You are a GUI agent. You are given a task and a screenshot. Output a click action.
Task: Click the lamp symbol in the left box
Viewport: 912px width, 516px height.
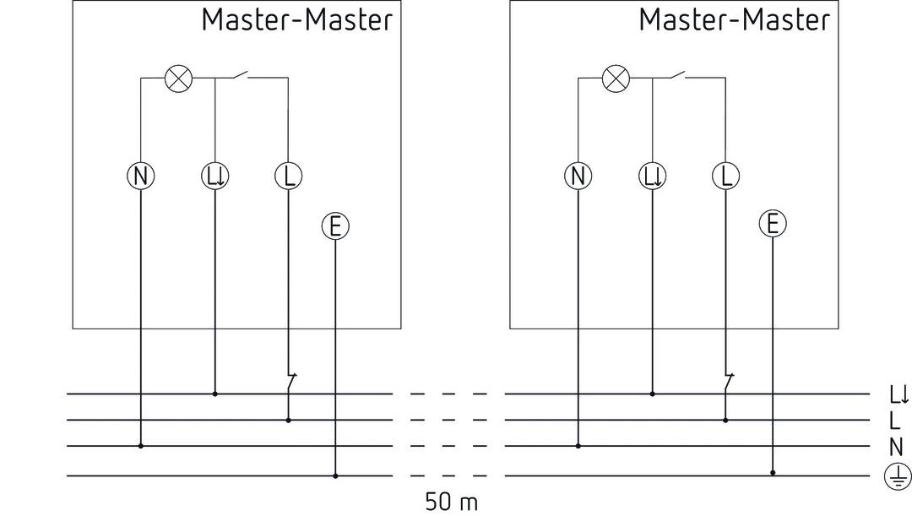tap(177, 79)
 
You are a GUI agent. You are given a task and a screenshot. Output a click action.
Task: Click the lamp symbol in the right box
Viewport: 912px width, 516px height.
tap(616, 79)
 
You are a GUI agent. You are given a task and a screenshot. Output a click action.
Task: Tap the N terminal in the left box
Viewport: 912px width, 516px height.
tap(140, 176)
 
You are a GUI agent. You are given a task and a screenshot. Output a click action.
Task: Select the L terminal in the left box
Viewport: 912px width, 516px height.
tap(288, 176)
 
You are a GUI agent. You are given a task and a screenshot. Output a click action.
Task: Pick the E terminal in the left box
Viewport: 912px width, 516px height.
tap(335, 225)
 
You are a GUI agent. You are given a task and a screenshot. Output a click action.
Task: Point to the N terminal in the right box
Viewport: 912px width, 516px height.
tap(578, 176)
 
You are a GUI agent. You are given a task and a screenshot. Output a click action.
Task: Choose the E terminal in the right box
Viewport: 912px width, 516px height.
tap(772, 224)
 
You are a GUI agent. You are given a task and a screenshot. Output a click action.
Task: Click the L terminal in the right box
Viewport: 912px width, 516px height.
tap(725, 176)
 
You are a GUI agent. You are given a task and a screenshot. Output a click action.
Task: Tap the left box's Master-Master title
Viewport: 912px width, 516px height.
tap(296, 19)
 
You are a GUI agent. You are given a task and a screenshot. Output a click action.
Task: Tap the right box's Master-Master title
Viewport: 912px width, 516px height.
tap(734, 19)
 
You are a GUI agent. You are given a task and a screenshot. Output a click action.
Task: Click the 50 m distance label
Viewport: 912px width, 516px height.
tap(451, 502)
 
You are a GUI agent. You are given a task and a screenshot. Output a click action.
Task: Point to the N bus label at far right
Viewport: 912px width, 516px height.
tap(895, 448)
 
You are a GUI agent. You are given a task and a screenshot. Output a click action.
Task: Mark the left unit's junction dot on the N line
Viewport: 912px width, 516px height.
tap(140, 445)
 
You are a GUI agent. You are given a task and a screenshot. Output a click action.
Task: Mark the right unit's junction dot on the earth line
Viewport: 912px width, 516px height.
tap(772, 475)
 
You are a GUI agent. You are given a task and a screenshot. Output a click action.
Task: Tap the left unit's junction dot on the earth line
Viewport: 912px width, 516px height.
tap(335, 475)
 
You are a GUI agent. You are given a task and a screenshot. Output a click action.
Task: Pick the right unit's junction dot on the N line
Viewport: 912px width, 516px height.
tap(578, 445)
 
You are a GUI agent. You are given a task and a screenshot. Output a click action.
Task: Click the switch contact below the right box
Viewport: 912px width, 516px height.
tap(728, 382)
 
